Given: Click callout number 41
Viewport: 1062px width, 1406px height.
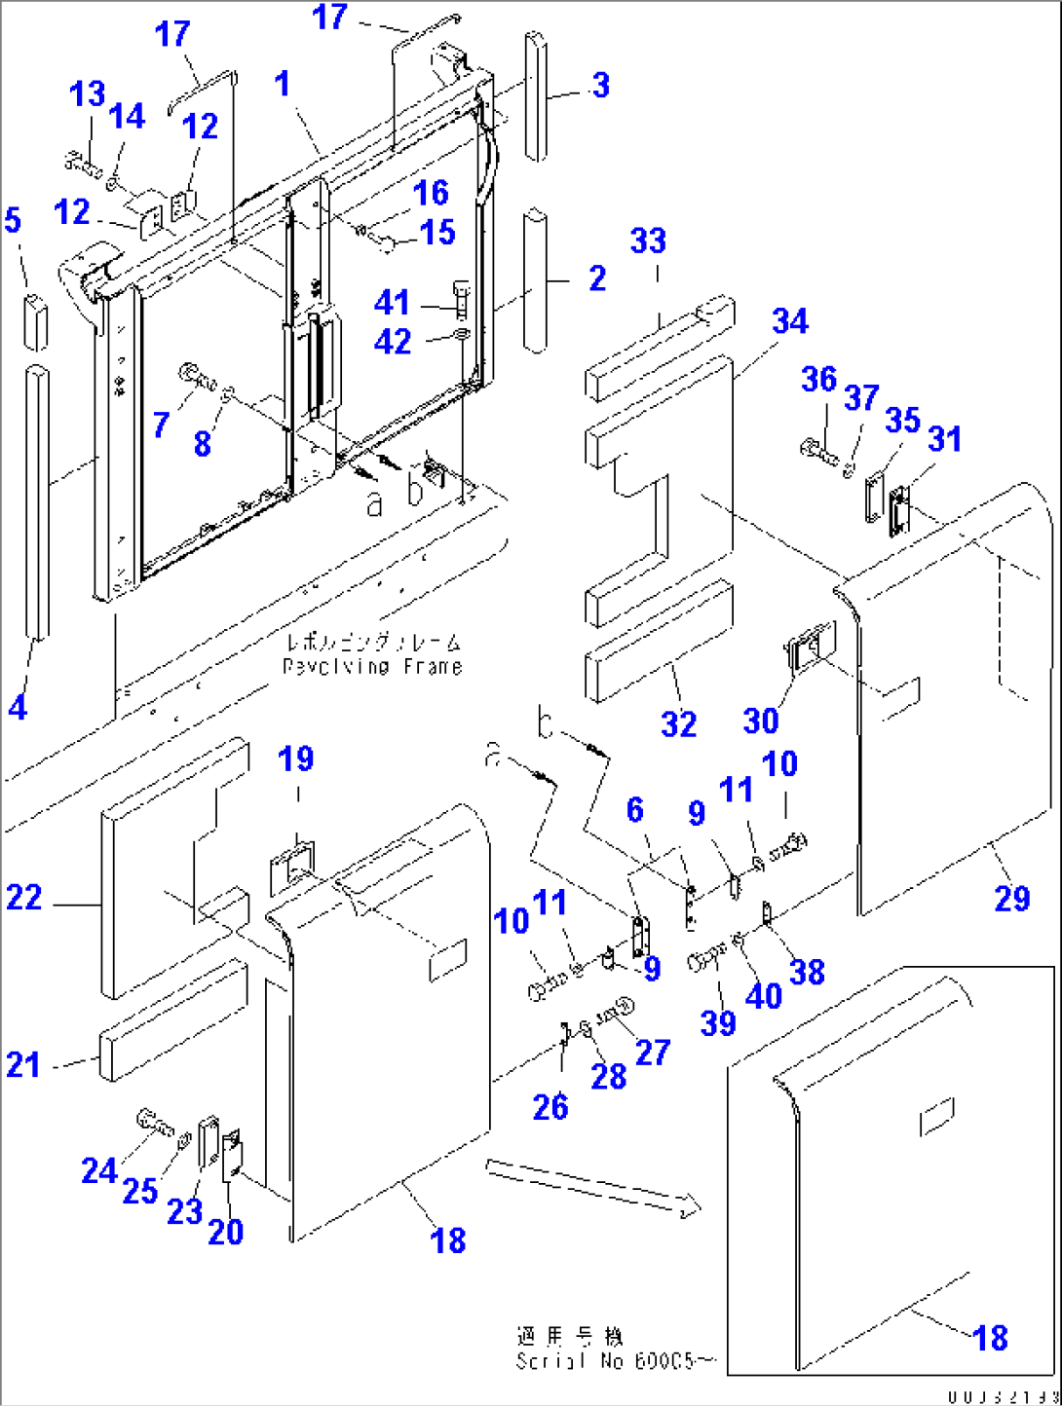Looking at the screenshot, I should (x=392, y=303).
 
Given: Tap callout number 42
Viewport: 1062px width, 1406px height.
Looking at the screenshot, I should (x=392, y=342).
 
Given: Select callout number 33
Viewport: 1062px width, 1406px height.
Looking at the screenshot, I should (x=648, y=241).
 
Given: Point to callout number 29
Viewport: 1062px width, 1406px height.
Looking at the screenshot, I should (x=1011, y=898).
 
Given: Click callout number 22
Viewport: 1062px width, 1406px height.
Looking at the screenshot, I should (x=24, y=898).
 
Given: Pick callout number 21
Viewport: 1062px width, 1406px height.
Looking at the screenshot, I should (x=23, y=1064).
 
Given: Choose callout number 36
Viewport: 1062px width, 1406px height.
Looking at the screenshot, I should (x=818, y=380).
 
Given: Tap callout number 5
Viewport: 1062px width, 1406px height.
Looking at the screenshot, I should (x=12, y=220).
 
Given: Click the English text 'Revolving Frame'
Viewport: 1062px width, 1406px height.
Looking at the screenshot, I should (x=372, y=667).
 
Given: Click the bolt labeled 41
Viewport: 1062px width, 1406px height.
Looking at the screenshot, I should (x=461, y=296).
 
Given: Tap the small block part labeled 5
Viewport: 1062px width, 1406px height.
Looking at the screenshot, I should (x=35, y=320).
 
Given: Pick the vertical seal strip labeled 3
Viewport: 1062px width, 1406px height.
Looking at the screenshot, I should (x=535, y=94).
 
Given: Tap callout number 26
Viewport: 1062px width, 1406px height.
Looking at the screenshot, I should (x=550, y=1107).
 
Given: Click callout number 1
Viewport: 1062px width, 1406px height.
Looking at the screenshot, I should (x=283, y=85).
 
